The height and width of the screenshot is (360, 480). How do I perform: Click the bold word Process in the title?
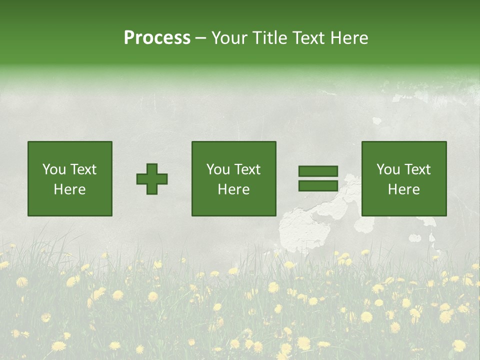pyautogui.click(x=157, y=38)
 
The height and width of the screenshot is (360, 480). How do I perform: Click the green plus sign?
pyautogui.click(x=152, y=179)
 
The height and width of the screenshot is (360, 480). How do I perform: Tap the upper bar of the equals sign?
pyautogui.click(x=318, y=171)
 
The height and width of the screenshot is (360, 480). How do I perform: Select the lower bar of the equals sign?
pyautogui.click(x=318, y=186)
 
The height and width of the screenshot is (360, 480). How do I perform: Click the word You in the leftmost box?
pyautogui.click(x=53, y=169)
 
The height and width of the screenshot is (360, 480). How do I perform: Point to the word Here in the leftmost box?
pyautogui.click(x=69, y=189)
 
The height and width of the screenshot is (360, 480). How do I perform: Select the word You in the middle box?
pyautogui.click(x=218, y=169)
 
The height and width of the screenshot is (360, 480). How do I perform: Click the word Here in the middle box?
pyautogui.click(x=233, y=189)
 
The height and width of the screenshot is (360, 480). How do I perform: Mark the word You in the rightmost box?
pyautogui.click(x=388, y=169)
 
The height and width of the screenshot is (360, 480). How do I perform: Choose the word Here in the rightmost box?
pyautogui.click(x=403, y=189)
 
